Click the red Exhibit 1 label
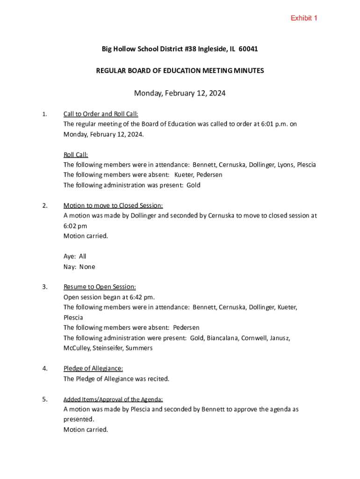pyautogui.click(x=304, y=18)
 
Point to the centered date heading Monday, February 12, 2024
pyautogui.click(x=180, y=93)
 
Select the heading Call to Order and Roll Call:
pyautogui.click(x=101, y=114)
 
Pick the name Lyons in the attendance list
pyautogui.click(x=286, y=165)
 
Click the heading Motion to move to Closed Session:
pyautogui.click(x=113, y=205)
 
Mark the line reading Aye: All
pyautogui.click(x=75, y=256)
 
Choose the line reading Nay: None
pyautogui.click(x=79, y=267)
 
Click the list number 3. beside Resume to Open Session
pyautogui.click(x=45, y=287)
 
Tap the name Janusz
pyautogui.click(x=280, y=338)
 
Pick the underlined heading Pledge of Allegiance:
pyautogui.click(x=93, y=369)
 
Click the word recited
pyautogui.click(x=158, y=379)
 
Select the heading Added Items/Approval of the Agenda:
pyautogui.click(x=113, y=399)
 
